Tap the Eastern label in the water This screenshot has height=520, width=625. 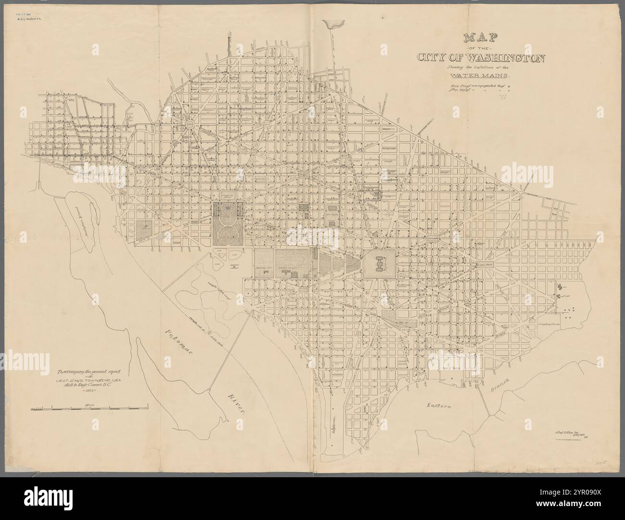click(441, 406)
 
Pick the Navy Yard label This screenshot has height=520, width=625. click(451, 368)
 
